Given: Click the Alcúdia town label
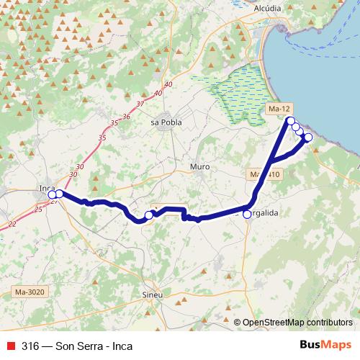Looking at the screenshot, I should [268, 8].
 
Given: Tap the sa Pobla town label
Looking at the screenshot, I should [166, 122].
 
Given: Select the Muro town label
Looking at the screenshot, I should [199, 166].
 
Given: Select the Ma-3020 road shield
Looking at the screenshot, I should [29, 292].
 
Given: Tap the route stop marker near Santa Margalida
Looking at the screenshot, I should [247, 215].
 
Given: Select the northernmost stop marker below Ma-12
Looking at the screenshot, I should [290, 120].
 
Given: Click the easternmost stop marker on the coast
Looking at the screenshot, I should [308, 137].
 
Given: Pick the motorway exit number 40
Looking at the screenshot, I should [168, 85].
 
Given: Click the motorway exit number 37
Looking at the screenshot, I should [140, 104].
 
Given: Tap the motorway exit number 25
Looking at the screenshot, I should [38, 208].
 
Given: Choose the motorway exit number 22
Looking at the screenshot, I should [12, 224].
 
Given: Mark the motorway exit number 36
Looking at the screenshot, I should [125, 116].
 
